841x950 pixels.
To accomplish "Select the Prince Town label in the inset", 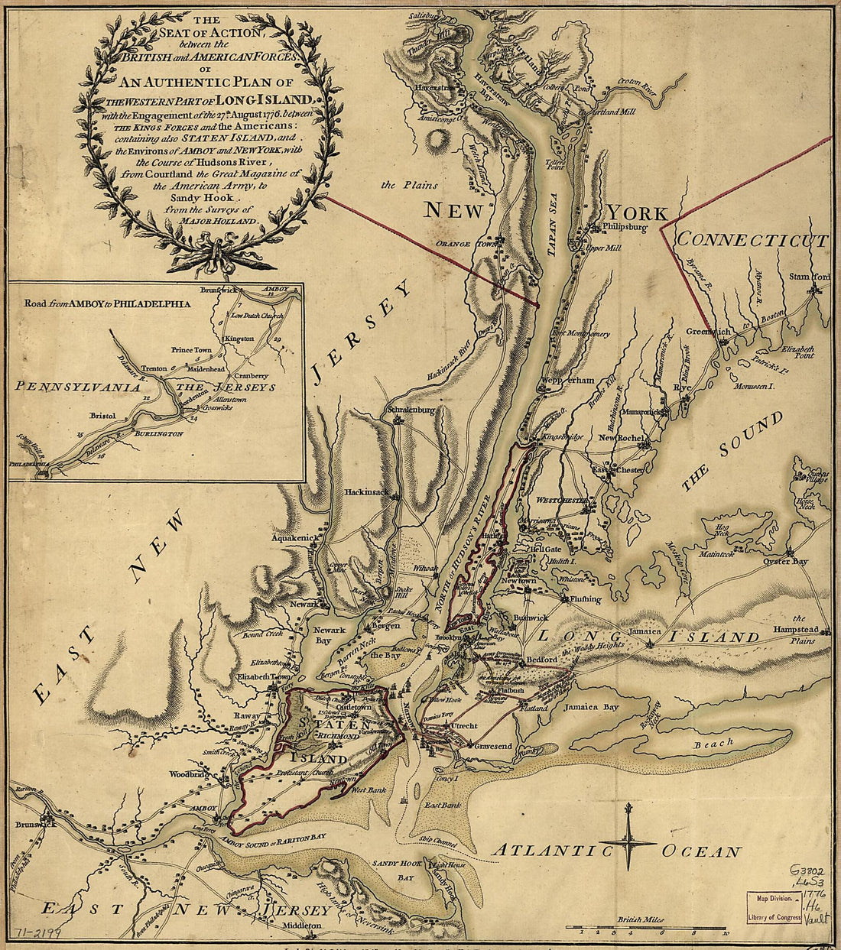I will tap(191, 350).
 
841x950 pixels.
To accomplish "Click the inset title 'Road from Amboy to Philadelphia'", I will tap(107, 303).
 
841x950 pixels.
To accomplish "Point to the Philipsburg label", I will tap(625, 227).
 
